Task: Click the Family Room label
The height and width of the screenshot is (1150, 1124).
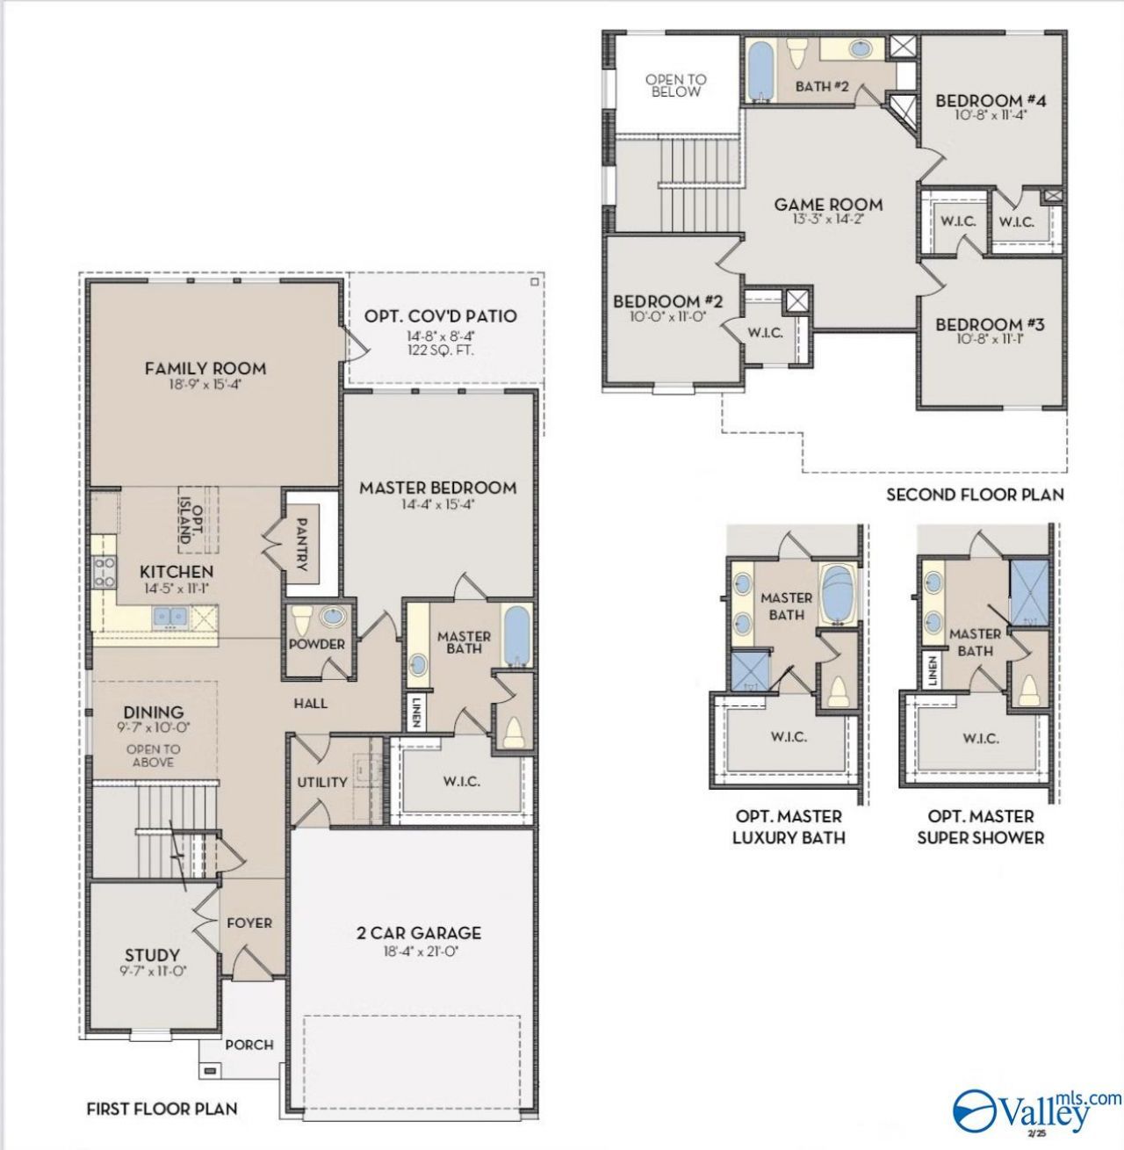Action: pos(205,368)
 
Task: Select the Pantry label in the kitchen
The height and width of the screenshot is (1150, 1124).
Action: pos(302,545)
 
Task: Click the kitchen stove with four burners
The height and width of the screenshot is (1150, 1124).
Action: pos(104,572)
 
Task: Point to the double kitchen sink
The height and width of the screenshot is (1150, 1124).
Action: pos(169,617)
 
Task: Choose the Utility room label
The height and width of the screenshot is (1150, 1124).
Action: pos(322,782)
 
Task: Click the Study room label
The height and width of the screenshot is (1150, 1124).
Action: pos(153,955)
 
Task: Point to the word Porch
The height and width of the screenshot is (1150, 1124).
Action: pos(249,1045)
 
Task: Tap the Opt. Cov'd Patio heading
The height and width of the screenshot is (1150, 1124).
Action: pos(441,315)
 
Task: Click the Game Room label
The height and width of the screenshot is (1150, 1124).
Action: pos(828,205)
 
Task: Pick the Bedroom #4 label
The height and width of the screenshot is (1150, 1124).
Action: pos(991,100)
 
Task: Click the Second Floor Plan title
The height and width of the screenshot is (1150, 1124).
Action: pos(975,495)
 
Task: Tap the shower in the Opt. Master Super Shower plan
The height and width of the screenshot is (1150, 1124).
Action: pos(1029,593)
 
